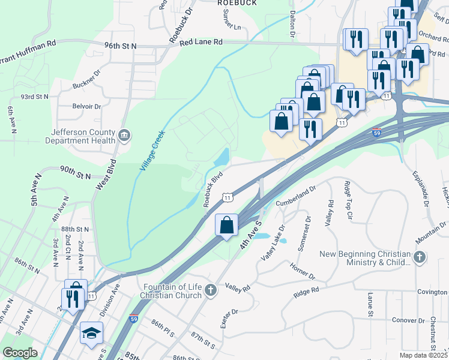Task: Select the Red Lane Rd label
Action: (x=200, y=42)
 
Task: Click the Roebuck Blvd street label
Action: (x=213, y=189)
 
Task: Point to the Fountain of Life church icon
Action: (x=210, y=291)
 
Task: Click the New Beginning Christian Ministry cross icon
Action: (x=420, y=258)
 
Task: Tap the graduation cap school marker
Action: (x=91, y=334)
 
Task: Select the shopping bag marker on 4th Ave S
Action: (x=227, y=226)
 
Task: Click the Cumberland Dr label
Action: (x=296, y=198)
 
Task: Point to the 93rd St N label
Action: (x=34, y=96)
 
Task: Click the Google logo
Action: (x=20, y=353)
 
